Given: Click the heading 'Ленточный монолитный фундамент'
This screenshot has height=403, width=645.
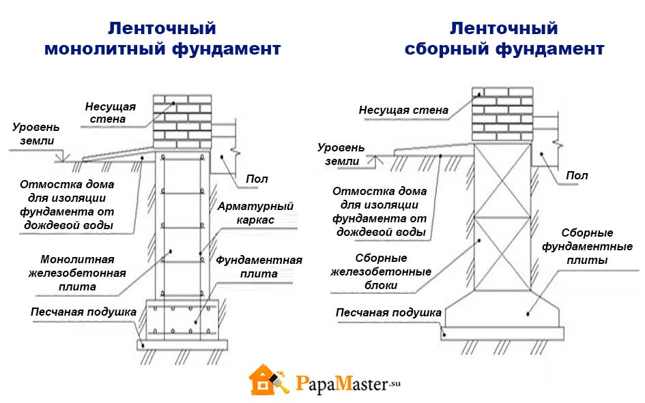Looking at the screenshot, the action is (162, 39).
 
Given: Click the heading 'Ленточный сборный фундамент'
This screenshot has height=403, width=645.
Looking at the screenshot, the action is (504, 39).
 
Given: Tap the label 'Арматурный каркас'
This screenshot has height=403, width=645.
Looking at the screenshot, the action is (255, 213).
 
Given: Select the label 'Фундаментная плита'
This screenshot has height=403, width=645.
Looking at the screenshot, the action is (259, 267).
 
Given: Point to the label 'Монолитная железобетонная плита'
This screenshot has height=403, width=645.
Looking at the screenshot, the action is (77, 273).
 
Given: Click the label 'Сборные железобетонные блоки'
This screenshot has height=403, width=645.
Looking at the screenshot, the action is (381, 271).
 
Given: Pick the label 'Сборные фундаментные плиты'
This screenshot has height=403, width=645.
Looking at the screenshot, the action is (587, 246).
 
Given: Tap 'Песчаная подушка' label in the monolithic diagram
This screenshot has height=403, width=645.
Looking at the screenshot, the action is (83, 312).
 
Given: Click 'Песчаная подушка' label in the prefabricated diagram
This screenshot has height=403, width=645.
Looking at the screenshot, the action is (388, 312).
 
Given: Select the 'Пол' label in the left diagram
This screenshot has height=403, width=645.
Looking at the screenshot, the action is (257, 179).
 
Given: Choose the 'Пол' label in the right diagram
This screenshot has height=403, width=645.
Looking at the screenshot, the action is (577, 175).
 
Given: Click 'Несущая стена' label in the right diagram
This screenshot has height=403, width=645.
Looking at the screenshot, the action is (403, 110).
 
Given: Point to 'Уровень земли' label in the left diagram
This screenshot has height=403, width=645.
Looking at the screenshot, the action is (36, 134).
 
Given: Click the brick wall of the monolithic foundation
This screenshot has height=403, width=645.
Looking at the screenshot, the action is (182, 122).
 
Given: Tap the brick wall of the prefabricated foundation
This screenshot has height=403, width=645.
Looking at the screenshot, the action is (502, 115).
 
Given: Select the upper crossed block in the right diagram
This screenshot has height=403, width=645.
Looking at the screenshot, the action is (502, 180).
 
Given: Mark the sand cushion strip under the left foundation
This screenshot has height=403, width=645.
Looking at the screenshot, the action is (182, 345).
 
